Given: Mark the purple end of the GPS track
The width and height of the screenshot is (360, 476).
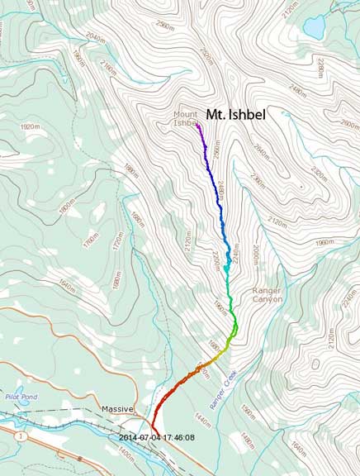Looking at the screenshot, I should [x=197, y=126].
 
